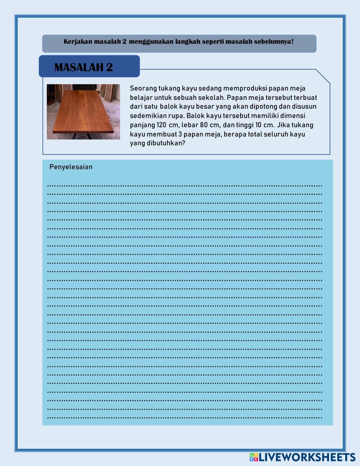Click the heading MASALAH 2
(84, 67)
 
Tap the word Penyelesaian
(71, 167)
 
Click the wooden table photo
(83, 112)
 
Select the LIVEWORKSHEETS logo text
(307, 457)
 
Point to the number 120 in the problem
(161, 125)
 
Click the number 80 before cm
(204, 125)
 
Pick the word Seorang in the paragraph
(143, 88)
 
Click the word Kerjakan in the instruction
(78, 41)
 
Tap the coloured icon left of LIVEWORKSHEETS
(254, 457)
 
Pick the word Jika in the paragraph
(284, 125)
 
